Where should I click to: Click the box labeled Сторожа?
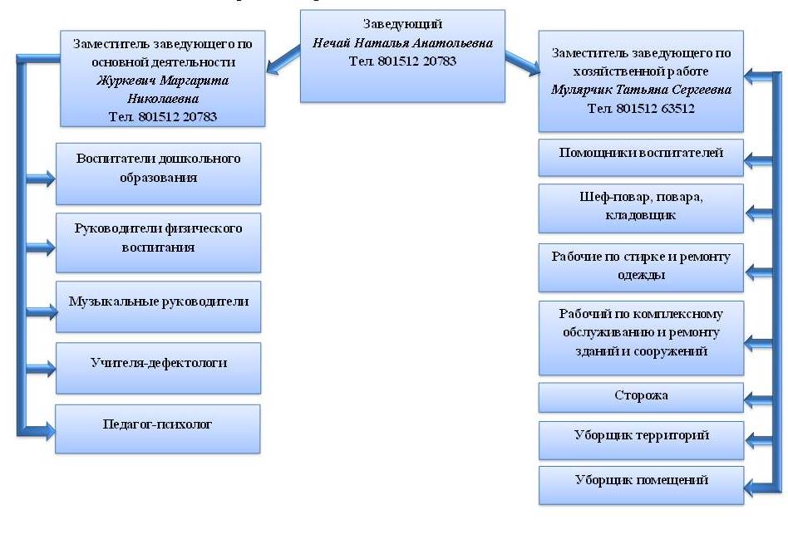point(641,397)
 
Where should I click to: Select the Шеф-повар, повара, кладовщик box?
point(641,208)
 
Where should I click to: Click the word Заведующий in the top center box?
point(402,25)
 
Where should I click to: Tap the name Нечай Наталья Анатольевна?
point(402,42)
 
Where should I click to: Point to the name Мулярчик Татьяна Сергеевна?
point(641,90)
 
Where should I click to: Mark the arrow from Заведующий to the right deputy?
point(521,60)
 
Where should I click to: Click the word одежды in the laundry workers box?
point(641,275)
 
